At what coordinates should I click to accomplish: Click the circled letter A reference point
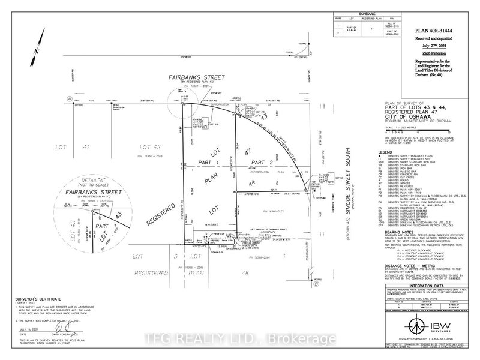[53, 97]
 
